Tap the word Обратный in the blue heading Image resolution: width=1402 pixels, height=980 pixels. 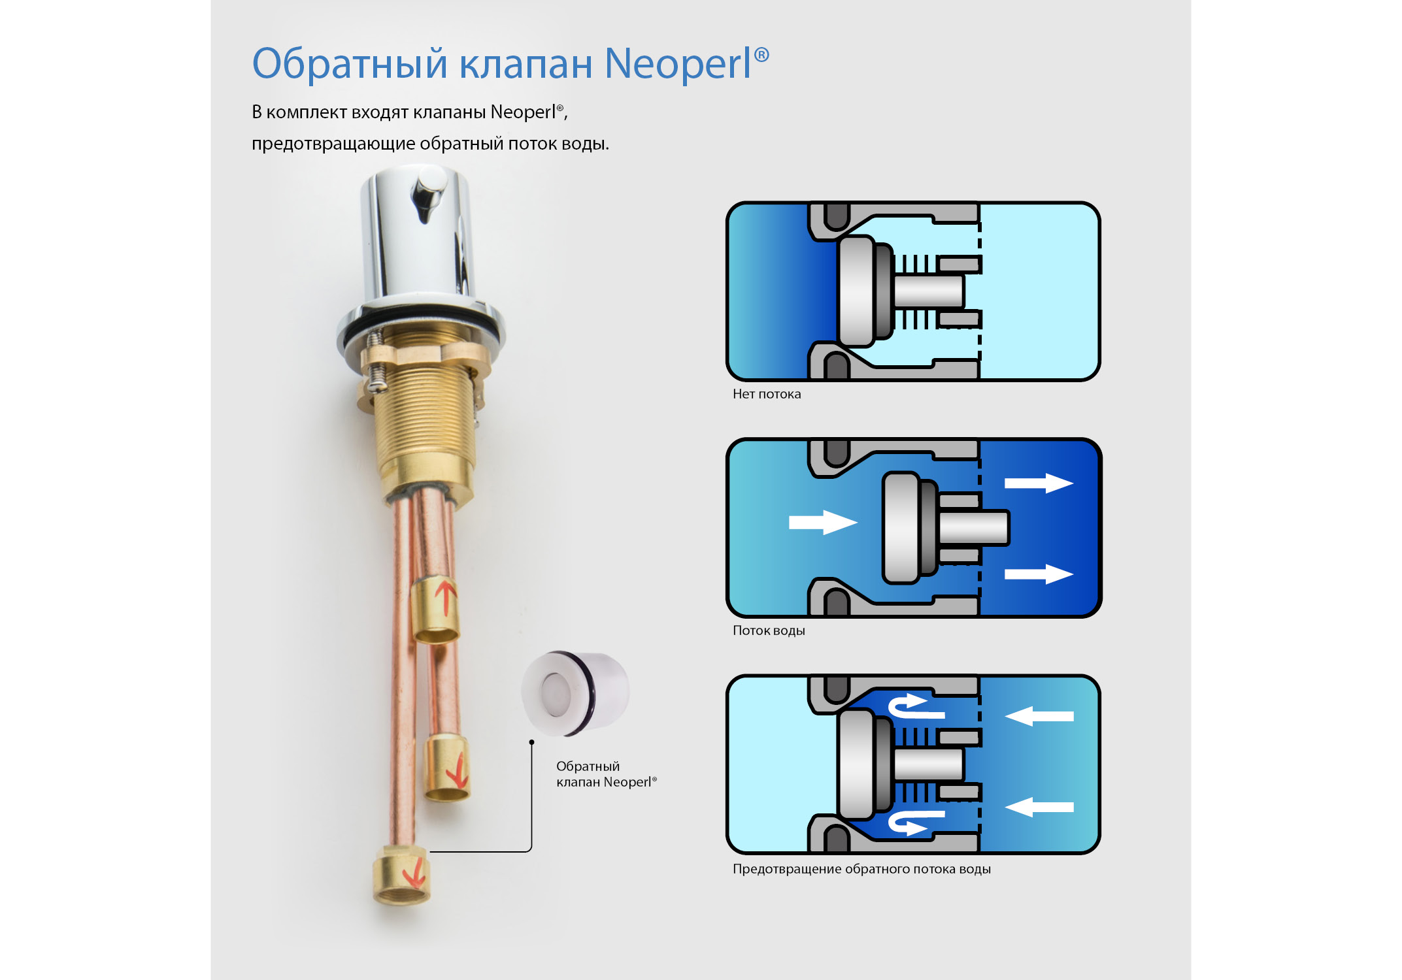[350, 64]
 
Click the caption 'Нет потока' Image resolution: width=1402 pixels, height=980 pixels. [766, 394]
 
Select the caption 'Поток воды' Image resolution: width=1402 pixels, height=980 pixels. [769, 630]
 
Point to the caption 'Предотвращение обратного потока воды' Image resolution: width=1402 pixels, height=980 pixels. [861, 869]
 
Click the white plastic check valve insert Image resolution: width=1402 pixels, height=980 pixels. [575, 693]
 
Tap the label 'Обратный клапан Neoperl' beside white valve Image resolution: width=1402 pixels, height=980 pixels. [605, 774]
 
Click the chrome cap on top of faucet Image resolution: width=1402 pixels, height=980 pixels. [418, 235]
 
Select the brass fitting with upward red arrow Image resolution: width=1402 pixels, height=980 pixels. [435, 610]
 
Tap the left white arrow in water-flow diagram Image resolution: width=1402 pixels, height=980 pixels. [822, 522]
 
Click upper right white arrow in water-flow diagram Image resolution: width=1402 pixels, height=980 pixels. [1038, 483]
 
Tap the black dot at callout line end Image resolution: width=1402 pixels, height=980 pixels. [531, 742]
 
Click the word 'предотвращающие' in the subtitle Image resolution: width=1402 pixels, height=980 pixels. [333, 144]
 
